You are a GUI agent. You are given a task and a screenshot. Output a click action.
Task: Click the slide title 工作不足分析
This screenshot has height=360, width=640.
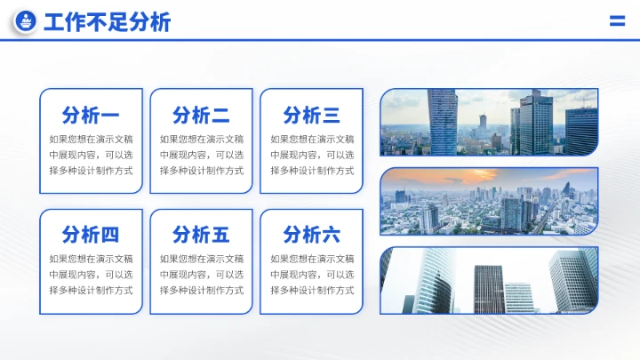(x=107, y=23)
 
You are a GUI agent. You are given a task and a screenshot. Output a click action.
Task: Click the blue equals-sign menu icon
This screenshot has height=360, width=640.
(x=617, y=22)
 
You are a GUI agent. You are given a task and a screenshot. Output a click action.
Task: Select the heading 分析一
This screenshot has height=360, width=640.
(x=91, y=115)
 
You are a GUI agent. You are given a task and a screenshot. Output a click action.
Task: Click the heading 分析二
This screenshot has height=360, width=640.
(x=201, y=115)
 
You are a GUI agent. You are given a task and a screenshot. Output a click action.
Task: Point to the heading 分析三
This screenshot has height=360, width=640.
(x=311, y=115)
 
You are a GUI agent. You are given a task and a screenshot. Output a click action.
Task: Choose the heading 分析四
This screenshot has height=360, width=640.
(x=91, y=235)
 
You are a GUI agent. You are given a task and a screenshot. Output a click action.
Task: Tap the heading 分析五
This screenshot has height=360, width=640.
(x=201, y=235)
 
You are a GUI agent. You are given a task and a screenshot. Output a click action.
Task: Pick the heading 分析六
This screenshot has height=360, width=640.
(x=311, y=235)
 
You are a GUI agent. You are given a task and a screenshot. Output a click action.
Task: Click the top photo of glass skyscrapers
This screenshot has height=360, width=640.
(x=489, y=122)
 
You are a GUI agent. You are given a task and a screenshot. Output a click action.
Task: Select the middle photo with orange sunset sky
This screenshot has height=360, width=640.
(x=489, y=202)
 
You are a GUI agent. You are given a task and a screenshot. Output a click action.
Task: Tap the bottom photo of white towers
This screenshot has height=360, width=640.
(x=489, y=281)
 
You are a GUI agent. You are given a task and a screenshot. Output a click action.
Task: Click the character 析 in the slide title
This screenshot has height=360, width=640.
(x=161, y=23)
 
